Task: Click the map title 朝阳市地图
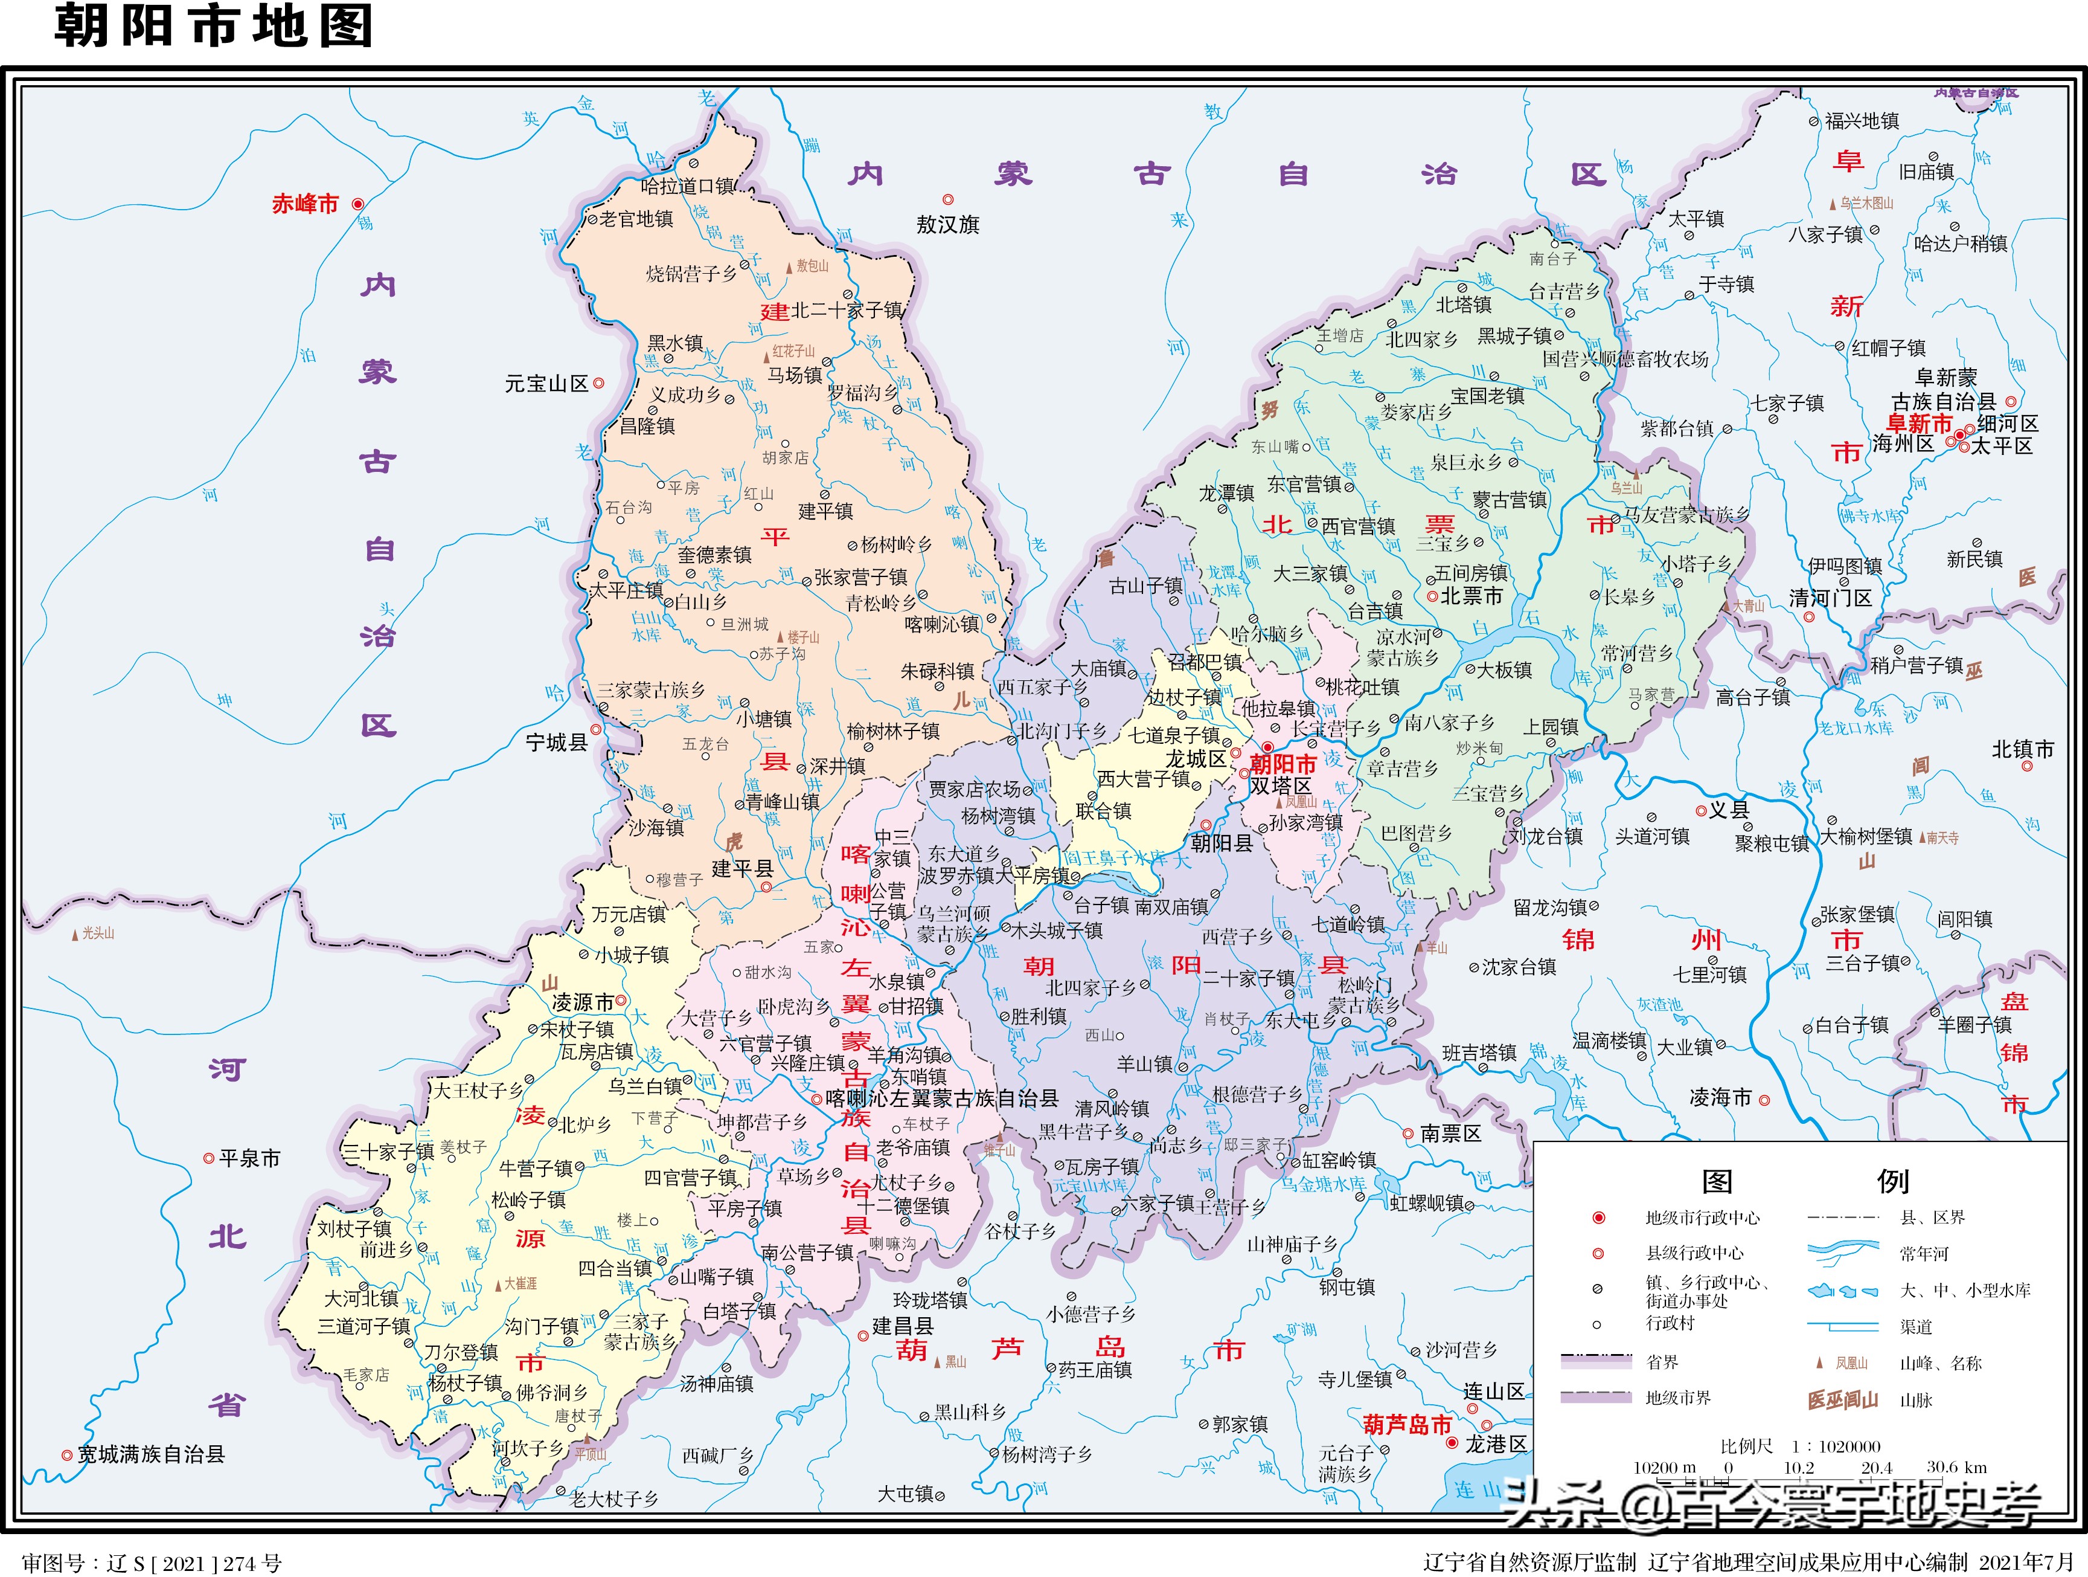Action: pos(213,25)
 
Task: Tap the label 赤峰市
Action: pos(305,204)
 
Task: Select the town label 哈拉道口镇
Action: pos(687,186)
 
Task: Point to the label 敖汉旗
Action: pos(948,225)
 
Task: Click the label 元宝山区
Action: pos(546,384)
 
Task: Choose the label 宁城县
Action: pos(556,742)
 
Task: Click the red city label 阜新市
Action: pos(1919,424)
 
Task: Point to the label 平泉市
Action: pos(249,1159)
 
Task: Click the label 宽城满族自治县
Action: pos(151,1454)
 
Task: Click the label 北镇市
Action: pos(2023,750)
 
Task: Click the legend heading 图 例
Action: pos(1804,1181)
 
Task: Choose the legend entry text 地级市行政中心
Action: pos(1703,1218)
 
